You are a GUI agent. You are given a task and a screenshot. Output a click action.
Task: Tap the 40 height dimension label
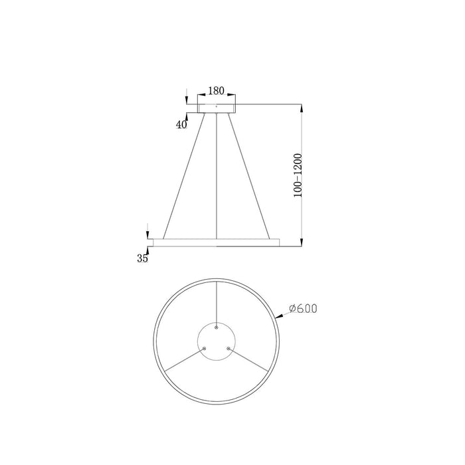tap(181, 124)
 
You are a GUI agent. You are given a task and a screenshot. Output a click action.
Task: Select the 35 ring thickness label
tap(142, 258)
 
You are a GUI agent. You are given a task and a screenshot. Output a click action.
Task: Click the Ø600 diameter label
tap(303, 309)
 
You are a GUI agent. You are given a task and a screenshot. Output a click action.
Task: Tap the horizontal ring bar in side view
tap(216, 242)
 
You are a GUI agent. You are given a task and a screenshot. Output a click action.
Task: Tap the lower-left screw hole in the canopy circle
tap(205, 347)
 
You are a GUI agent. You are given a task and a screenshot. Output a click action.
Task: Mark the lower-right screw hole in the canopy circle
tap(229, 347)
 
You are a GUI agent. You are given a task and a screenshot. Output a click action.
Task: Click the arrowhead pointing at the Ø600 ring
tap(280, 320)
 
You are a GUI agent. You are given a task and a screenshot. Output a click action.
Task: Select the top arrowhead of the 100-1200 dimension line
tap(303, 107)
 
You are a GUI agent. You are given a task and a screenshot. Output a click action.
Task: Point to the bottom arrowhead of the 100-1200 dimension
tap(303, 241)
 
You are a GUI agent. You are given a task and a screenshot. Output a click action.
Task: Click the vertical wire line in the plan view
tap(217, 299)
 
